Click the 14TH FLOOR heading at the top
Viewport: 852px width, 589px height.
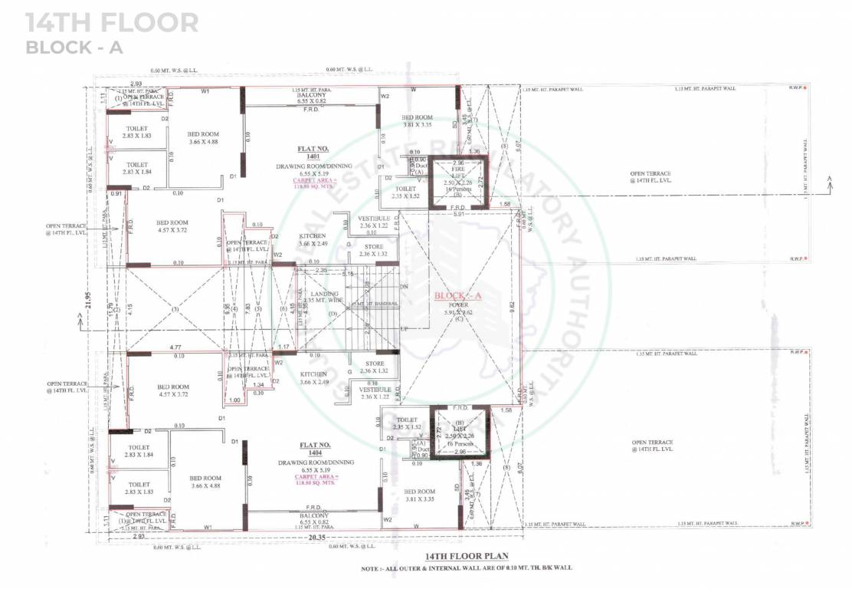(112, 22)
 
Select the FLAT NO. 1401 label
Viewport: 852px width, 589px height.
(314, 152)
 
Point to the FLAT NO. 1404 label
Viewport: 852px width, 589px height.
(314, 449)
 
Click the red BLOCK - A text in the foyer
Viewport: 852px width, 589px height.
(457, 295)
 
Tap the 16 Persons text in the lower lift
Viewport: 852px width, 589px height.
(459, 443)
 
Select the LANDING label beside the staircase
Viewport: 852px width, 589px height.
(314, 294)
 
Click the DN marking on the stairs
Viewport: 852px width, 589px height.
(405, 287)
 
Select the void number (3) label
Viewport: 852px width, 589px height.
(175, 309)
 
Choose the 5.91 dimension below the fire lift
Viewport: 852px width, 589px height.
(459, 214)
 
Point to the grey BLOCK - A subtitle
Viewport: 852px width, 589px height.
(74, 48)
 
